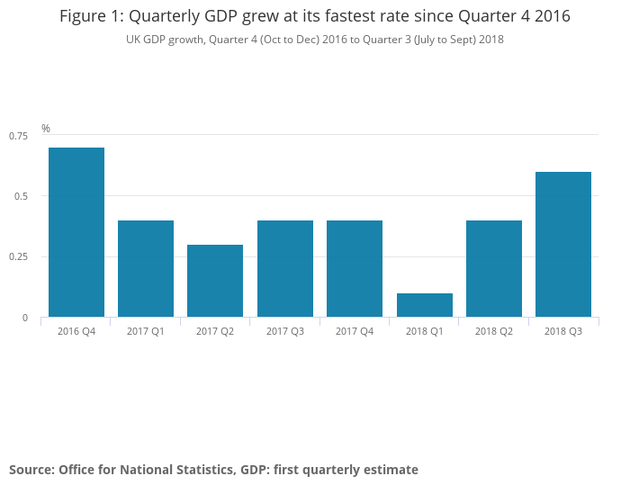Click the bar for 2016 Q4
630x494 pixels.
pos(76,232)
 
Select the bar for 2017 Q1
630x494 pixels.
pos(146,268)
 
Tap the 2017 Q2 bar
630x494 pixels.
pos(215,281)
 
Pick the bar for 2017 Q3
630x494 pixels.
pos(285,268)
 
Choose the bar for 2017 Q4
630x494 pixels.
pos(355,268)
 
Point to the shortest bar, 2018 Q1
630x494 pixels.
pos(425,305)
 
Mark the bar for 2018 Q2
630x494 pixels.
pos(494,268)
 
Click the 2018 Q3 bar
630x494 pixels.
pos(563,244)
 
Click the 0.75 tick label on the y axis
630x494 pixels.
pos(18,135)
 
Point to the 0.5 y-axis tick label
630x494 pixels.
pos(22,196)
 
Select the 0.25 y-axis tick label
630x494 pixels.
pos(18,256)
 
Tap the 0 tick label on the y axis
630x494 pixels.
pos(25,318)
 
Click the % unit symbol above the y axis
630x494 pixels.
pos(46,129)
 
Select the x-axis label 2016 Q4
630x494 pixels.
pos(76,332)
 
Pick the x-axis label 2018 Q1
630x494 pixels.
pos(425,332)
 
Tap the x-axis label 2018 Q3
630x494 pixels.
pos(563,332)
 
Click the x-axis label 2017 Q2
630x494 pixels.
pos(215,332)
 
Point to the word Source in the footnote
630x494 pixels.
pos(31,470)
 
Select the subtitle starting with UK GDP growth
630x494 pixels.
pos(314,40)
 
